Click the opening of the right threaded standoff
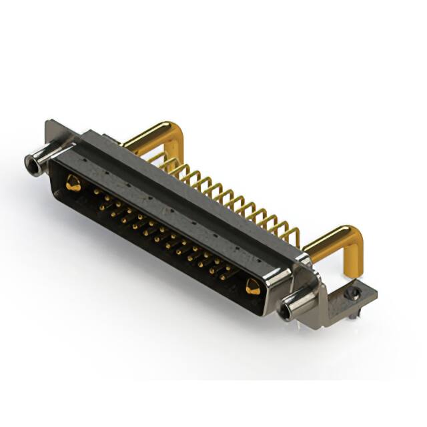[x=287, y=310]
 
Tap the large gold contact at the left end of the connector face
[x=73, y=183]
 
